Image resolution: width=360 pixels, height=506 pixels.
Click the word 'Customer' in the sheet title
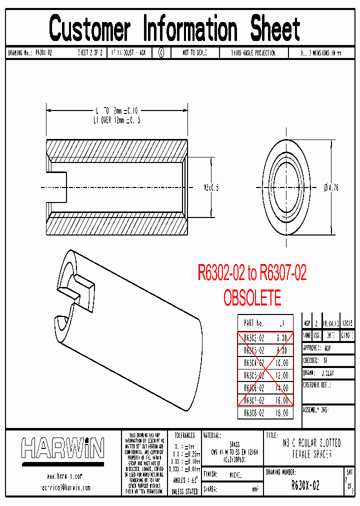90,28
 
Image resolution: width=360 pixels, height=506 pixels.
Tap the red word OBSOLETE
252,297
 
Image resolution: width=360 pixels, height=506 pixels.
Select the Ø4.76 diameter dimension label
332,187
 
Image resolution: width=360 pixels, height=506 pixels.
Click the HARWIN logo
62,448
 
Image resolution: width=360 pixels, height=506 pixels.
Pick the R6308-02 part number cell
254,413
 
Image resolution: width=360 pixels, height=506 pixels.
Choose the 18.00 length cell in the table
281,413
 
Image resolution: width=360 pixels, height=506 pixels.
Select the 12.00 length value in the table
281,375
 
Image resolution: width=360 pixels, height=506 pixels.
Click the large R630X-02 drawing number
305,485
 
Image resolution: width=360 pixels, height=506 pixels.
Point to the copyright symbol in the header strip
161,52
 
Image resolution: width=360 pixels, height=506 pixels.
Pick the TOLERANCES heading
184,435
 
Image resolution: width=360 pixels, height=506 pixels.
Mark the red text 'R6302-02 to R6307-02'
252,273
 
